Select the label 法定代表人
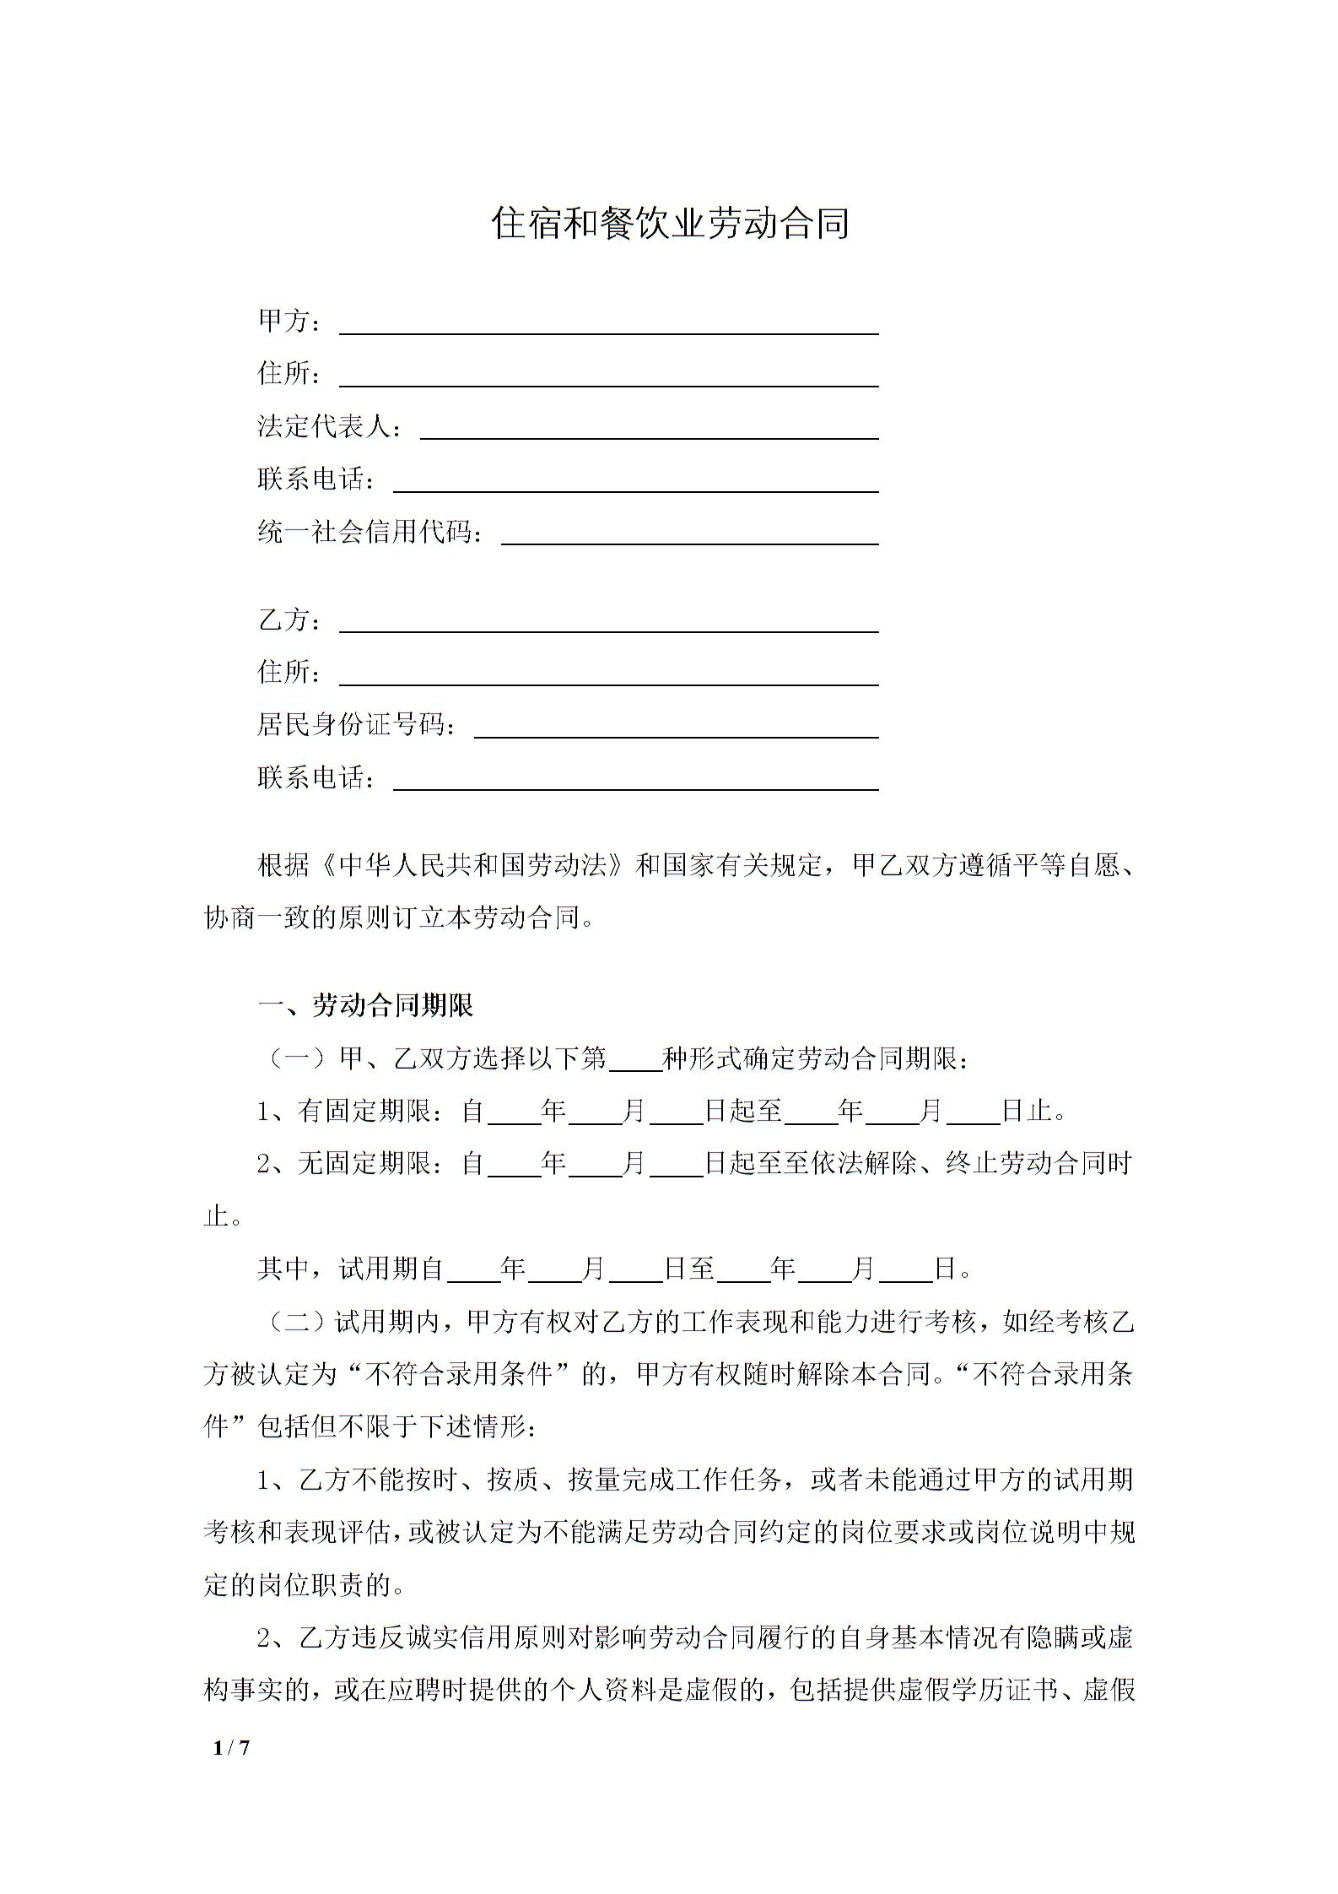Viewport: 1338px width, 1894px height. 326,427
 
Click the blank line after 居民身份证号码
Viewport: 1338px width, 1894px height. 676,726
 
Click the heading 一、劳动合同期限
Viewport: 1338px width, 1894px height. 366,1005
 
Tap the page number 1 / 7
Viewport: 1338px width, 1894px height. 232,1747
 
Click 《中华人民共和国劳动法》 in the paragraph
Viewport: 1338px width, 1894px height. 473,865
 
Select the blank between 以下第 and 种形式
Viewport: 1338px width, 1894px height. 634,1058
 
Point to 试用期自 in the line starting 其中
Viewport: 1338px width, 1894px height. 392,1269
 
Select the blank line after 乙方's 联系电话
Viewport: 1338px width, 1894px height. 635,779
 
